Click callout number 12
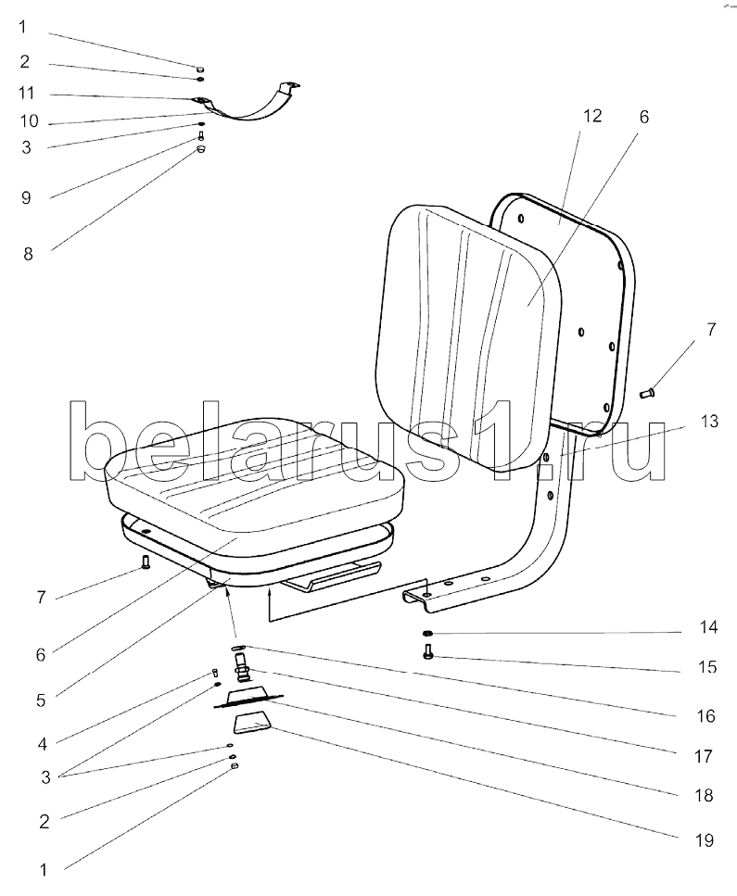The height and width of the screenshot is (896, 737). click(592, 116)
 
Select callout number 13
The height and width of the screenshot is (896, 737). click(708, 423)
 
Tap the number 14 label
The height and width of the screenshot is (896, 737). click(708, 628)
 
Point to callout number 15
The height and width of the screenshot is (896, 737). click(708, 666)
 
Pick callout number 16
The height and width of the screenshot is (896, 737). click(706, 715)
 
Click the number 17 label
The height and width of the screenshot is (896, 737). click(706, 756)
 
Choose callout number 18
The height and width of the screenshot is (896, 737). click(706, 796)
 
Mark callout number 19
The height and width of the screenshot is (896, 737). click(706, 840)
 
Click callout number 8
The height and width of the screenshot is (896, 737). click(28, 253)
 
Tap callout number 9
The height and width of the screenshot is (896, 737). click(26, 197)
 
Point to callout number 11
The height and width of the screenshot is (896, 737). click(26, 94)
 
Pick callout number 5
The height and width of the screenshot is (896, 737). click(40, 700)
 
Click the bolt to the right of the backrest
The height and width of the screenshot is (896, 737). click(648, 394)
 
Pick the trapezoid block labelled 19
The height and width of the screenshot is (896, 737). click(251, 723)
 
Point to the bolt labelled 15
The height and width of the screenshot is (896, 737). click(427, 655)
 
